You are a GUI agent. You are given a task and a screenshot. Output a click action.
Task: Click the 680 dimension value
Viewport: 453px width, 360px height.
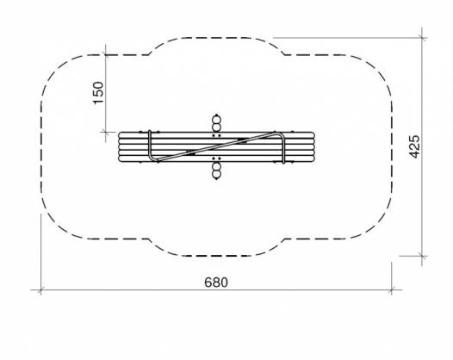tap(216, 282)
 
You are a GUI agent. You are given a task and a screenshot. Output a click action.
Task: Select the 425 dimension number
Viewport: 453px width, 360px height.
tap(415, 146)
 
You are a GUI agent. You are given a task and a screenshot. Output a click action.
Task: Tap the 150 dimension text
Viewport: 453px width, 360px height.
tap(98, 92)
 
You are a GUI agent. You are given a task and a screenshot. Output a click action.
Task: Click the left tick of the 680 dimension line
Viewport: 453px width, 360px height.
tap(40, 289)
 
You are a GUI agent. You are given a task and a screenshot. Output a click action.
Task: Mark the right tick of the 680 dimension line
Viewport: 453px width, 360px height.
tap(392, 289)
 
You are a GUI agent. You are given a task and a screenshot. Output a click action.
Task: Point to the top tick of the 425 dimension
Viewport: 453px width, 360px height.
tap(422, 38)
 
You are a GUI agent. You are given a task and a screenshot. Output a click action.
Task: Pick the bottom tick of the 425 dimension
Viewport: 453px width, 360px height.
tap(422, 256)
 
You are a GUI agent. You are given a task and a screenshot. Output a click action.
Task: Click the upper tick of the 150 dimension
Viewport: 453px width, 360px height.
tap(106, 54)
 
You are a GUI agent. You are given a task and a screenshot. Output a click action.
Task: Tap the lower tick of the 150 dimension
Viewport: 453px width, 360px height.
tap(106, 132)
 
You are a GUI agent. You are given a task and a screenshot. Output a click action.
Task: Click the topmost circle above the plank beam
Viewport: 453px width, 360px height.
tap(216, 120)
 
